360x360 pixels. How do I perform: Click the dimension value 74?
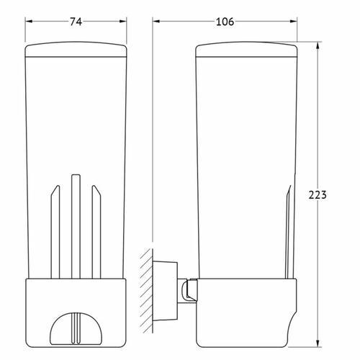[76, 22]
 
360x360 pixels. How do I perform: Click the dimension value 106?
[225, 22]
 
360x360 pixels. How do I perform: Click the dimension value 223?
[318, 195]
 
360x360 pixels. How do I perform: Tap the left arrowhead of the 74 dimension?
[29, 22]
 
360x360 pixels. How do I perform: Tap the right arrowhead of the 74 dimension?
[123, 22]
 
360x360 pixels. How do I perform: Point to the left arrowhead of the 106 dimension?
[156, 22]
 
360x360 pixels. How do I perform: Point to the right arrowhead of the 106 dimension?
[294, 22]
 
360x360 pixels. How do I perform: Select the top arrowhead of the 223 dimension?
[318, 45]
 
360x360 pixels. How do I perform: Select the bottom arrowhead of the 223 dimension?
[318, 343]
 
